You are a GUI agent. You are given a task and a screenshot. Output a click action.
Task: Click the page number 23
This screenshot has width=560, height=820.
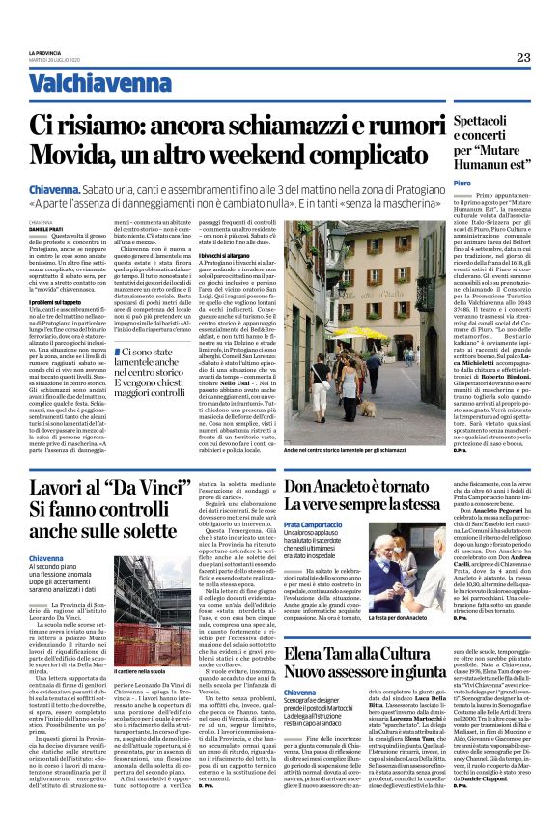tap(523, 58)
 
